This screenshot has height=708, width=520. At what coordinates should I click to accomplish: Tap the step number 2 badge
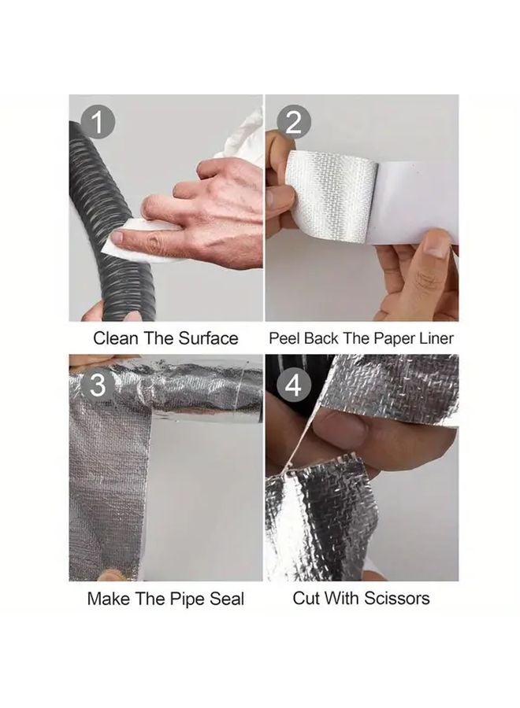pos(294,122)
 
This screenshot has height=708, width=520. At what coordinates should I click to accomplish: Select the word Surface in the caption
pos(207,339)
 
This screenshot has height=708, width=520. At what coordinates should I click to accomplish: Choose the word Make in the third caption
pos(109,599)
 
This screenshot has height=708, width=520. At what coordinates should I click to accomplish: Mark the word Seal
pos(227,599)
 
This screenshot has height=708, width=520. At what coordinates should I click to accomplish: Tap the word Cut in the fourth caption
pos(307,598)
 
